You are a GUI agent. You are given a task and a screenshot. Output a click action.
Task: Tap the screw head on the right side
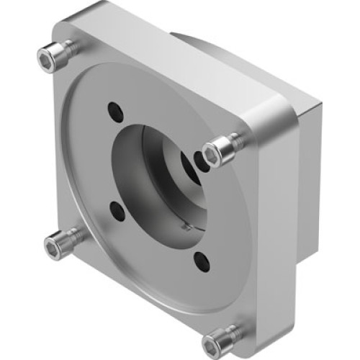(x=215, y=153)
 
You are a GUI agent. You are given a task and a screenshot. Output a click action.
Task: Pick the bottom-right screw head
(x=217, y=340)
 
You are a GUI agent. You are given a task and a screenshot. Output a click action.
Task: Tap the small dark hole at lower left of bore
(x=117, y=210)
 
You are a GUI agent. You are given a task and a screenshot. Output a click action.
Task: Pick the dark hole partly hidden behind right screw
(x=199, y=158)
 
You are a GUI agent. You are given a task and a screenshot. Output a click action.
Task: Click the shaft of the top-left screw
(x=67, y=49)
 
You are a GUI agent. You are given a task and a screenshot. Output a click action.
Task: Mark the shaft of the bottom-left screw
(x=72, y=240)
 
